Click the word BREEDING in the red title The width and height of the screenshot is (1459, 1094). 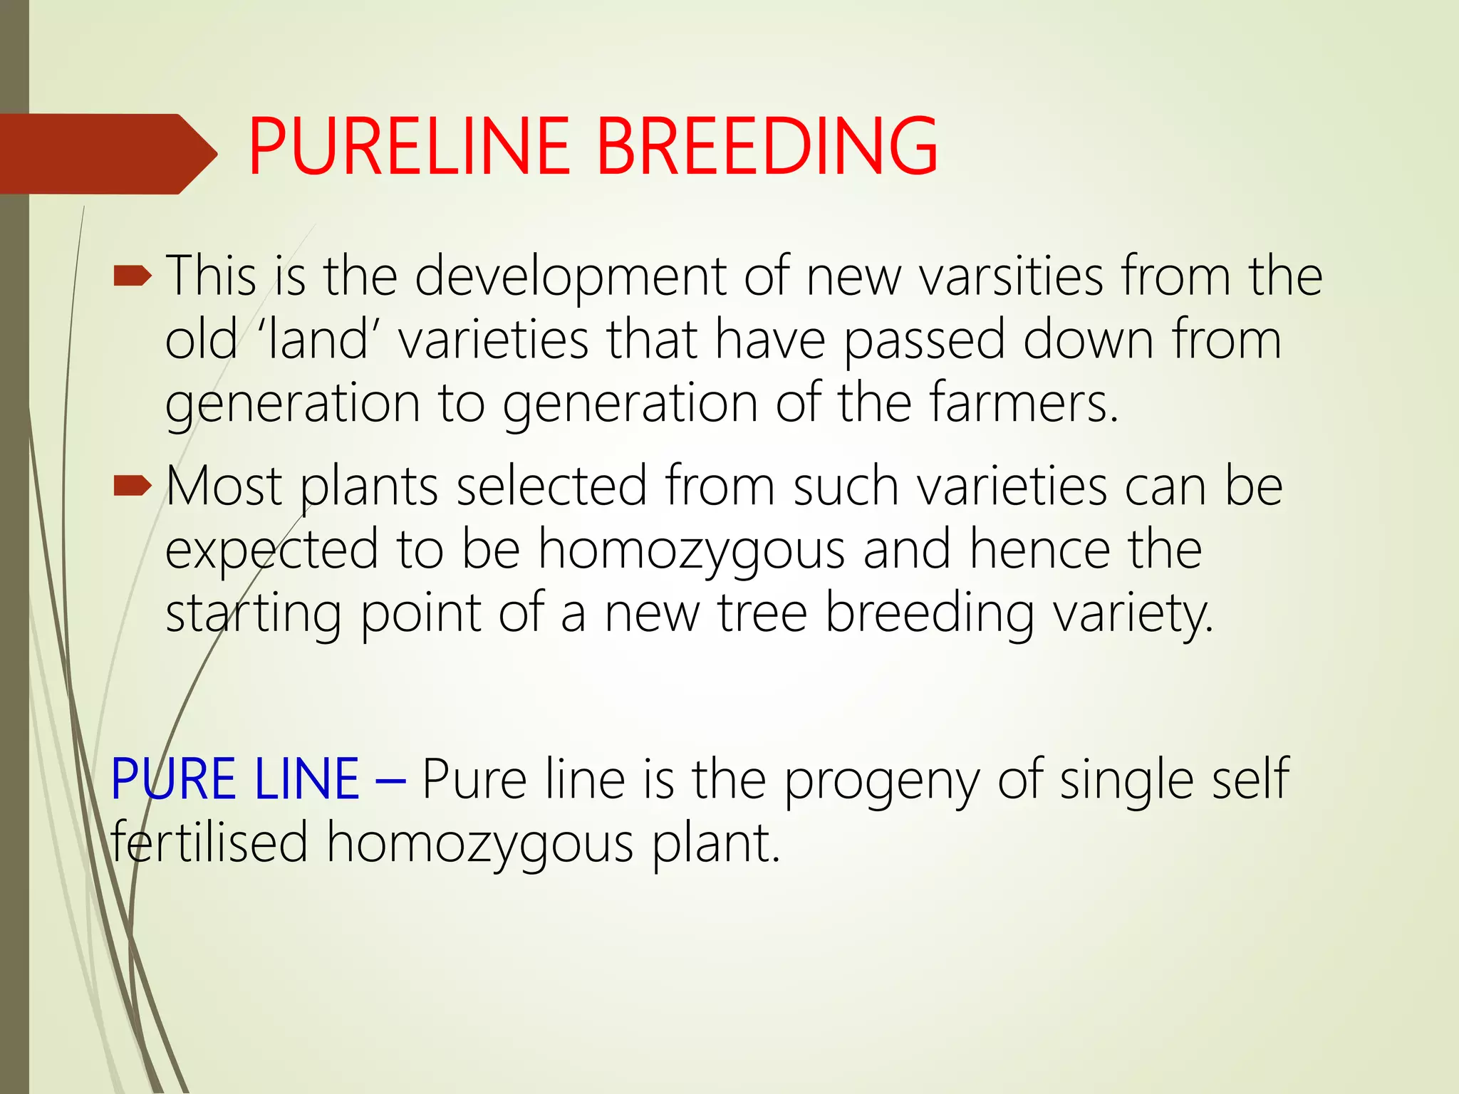pyautogui.click(x=767, y=147)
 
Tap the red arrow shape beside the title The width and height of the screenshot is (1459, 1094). pyautogui.click(x=107, y=154)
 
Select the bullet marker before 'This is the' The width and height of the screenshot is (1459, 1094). pyautogui.click(x=133, y=276)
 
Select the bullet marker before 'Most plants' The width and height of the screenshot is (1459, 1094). pyautogui.click(x=133, y=486)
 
